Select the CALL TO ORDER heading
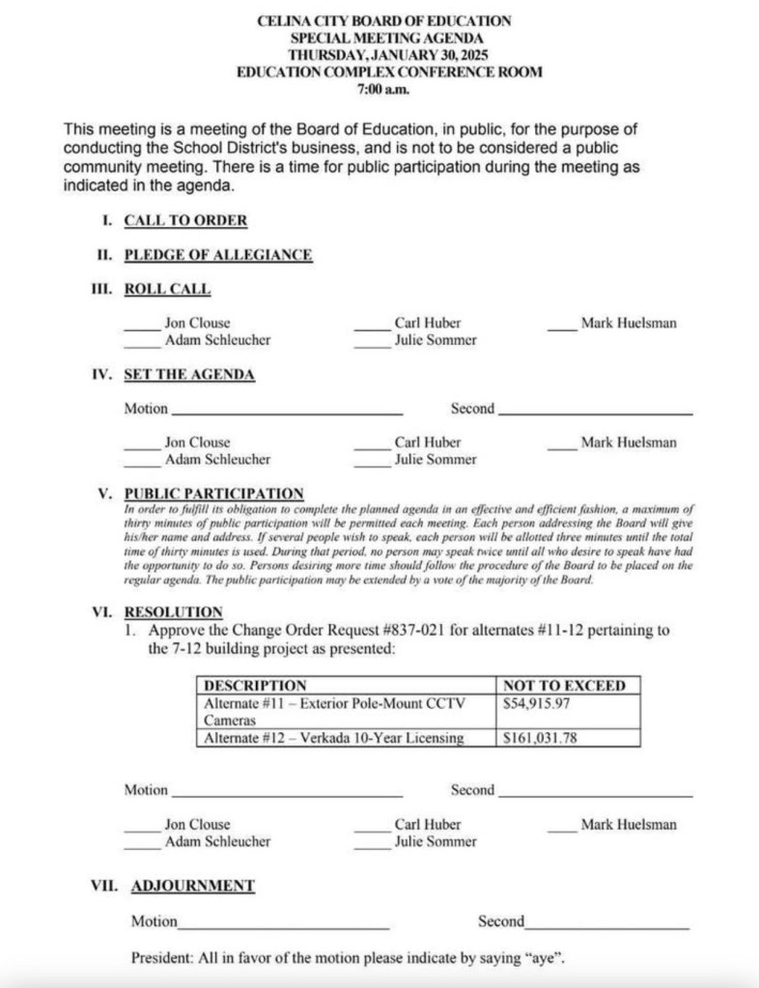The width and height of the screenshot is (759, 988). point(185,220)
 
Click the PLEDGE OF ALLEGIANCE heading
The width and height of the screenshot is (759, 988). point(218,255)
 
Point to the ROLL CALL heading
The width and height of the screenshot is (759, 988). point(167,290)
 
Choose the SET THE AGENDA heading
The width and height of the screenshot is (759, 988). point(189,375)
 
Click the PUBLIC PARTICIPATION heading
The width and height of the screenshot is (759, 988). point(214,494)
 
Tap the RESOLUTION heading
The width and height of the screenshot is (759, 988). point(174,612)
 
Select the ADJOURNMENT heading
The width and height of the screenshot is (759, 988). point(193,885)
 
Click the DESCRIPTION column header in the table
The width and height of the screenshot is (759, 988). point(256,686)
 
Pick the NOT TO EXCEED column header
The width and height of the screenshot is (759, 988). point(565,686)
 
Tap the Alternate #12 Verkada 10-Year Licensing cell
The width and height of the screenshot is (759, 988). point(334,739)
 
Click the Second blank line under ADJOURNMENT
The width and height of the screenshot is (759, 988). point(607,927)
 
